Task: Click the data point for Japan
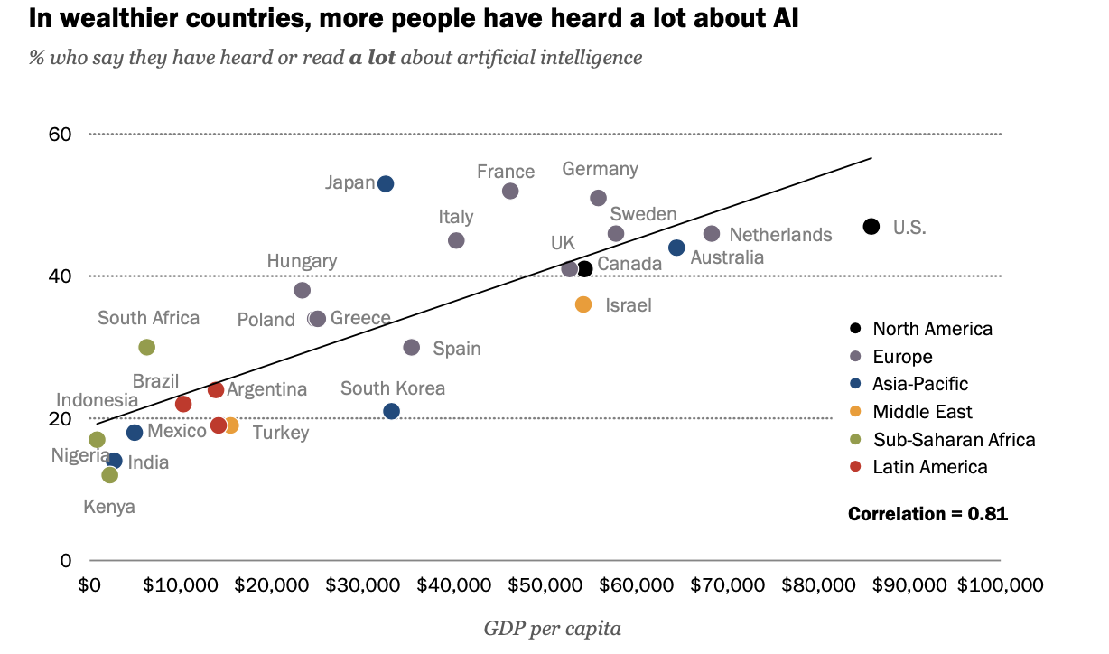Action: click(x=386, y=183)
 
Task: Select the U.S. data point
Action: click(x=871, y=227)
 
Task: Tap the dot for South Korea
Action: click(x=391, y=411)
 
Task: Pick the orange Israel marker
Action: click(x=583, y=304)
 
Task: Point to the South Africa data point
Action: click(x=147, y=347)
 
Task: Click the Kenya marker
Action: click(x=110, y=475)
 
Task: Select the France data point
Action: click(x=510, y=191)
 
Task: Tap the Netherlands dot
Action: click(x=712, y=234)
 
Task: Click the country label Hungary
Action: click(x=302, y=261)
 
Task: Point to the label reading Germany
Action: click(x=600, y=169)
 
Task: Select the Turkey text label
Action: click(x=280, y=433)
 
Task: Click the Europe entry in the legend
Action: click(x=902, y=357)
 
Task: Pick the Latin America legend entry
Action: click(x=929, y=467)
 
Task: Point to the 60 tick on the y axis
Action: click(x=60, y=135)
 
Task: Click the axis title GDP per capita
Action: click(x=552, y=628)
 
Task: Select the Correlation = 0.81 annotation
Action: click(x=927, y=514)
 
